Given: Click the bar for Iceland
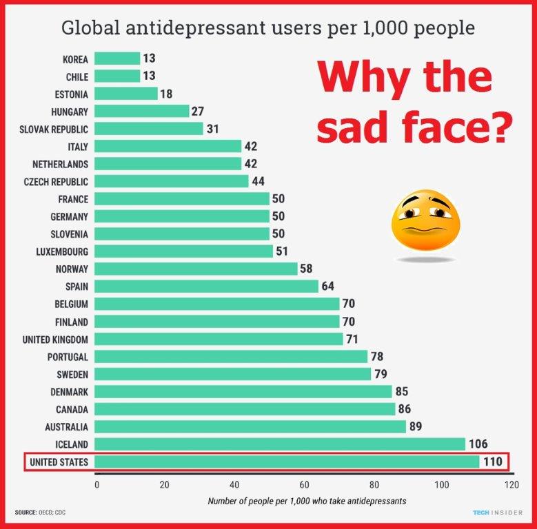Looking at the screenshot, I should tap(279, 444).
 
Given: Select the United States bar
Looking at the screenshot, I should tap(286, 461).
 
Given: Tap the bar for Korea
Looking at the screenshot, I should tap(116, 59).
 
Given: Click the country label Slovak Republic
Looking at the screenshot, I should tap(54, 129).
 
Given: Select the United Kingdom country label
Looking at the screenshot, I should tap(55, 339).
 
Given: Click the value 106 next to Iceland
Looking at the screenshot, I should tap(478, 444).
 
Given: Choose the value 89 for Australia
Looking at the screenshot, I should tap(416, 426).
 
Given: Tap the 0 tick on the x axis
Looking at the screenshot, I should tap(97, 484).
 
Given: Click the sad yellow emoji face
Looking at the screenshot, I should tap(424, 222).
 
